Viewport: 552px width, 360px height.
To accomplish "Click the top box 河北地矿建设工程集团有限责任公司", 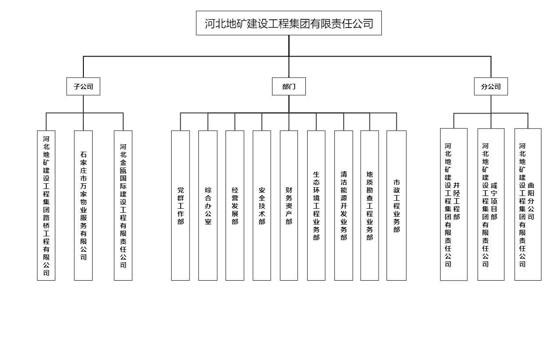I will tap(289, 23).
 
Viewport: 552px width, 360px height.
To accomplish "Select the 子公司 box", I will tap(83, 86).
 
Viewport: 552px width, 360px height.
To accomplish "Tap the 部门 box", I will tap(289, 86).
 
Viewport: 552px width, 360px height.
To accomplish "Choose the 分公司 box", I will tap(491, 86).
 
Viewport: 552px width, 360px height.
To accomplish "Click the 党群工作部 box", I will tap(180, 205).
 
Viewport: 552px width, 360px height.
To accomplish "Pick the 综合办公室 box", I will tap(208, 205).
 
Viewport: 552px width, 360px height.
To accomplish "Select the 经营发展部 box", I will tap(235, 205).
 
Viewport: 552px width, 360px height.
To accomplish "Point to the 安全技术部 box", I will tap(262, 205).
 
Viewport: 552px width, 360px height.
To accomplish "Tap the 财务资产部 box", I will tap(289, 205).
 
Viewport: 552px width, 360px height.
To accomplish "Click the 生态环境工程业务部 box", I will tap(316, 205).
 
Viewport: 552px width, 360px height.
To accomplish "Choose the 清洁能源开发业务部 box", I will tap(344, 205).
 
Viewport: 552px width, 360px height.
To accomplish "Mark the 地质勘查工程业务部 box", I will tap(369, 205).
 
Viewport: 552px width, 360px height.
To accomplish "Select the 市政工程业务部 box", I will tap(397, 205).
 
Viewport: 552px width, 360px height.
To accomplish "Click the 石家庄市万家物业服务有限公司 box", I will tap(83, 205).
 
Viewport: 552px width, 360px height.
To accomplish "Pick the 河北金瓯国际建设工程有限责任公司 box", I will tap(123, 205).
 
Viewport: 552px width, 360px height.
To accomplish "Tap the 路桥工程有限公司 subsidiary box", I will tap(46, 205).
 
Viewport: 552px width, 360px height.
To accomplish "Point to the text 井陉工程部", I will tap(457, 201).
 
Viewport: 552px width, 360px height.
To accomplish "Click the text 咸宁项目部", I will tap(494, 201).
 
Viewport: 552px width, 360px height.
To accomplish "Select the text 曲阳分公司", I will tap(531, 201).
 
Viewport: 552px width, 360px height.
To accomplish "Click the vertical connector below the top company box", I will tap(289, 46).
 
